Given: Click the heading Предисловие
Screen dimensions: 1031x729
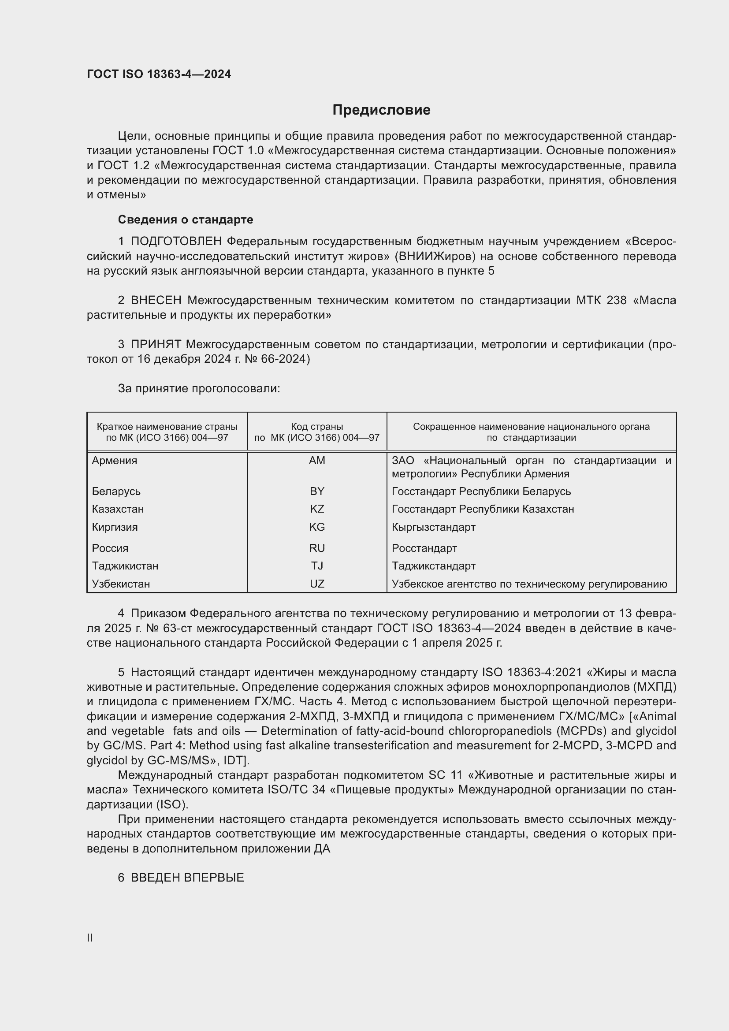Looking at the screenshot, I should [381, 110].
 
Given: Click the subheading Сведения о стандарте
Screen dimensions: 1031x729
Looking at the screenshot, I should [186, 220].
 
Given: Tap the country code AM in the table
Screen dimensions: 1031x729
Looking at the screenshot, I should [317, 461].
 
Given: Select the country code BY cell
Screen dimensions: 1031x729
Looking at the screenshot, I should [317, 491].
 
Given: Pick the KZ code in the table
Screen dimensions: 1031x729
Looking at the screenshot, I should [317, 509].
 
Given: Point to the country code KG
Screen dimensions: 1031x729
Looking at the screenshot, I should [317, 527].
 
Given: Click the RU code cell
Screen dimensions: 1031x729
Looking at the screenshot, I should [317, 548].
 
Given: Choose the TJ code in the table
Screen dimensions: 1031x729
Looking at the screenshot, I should [317, 566].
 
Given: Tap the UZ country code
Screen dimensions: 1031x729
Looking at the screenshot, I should [317, 584].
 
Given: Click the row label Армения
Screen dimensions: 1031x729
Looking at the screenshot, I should [115, 461].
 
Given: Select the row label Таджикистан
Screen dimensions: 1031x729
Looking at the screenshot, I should [125, 566].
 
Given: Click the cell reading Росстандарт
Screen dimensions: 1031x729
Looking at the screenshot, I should [424, 548].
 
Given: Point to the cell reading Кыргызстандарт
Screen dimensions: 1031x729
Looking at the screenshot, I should [433, 527].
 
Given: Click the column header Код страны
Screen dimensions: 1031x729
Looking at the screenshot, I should [317, 427].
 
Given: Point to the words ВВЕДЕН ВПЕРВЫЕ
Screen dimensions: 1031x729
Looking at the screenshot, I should [187, 878].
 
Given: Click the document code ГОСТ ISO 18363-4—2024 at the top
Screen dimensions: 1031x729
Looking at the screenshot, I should [159, 74].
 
